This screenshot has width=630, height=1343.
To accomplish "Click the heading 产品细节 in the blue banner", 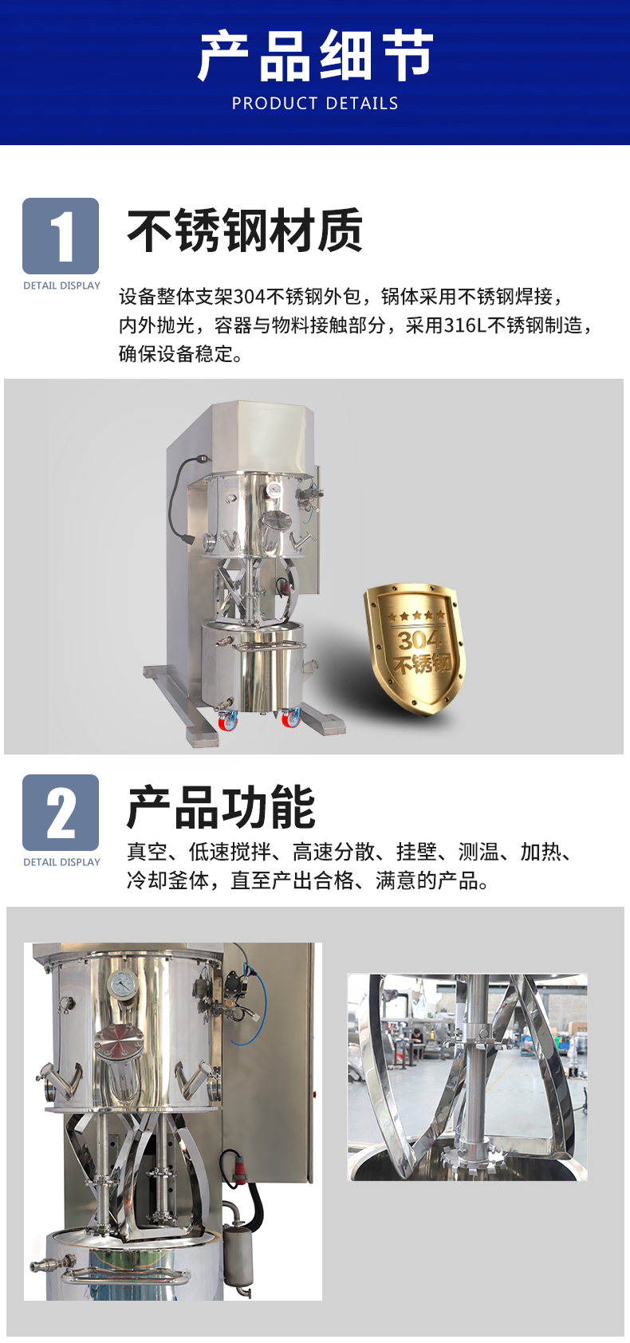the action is (x=315, y=56).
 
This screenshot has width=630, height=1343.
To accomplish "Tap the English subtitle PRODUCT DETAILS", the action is (x=315, y=104).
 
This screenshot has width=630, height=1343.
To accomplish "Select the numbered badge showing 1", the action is (x=61, y=236).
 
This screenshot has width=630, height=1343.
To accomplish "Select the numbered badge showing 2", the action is (x=61, y=813).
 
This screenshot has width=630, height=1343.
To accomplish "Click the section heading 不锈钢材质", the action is (x=245, y=230).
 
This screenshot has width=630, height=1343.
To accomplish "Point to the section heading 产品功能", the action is (x=221, y=807).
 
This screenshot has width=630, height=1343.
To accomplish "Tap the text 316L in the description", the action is (x=465, y=325).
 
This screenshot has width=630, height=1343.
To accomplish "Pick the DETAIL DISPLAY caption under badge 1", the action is (x=61, y=286).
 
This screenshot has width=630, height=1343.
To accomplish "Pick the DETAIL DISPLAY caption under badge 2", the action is (x=61, y=862).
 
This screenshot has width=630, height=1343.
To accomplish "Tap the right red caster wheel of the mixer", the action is (x=291, y=718).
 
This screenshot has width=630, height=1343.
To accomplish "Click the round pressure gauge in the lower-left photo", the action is (x=124, y=984).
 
